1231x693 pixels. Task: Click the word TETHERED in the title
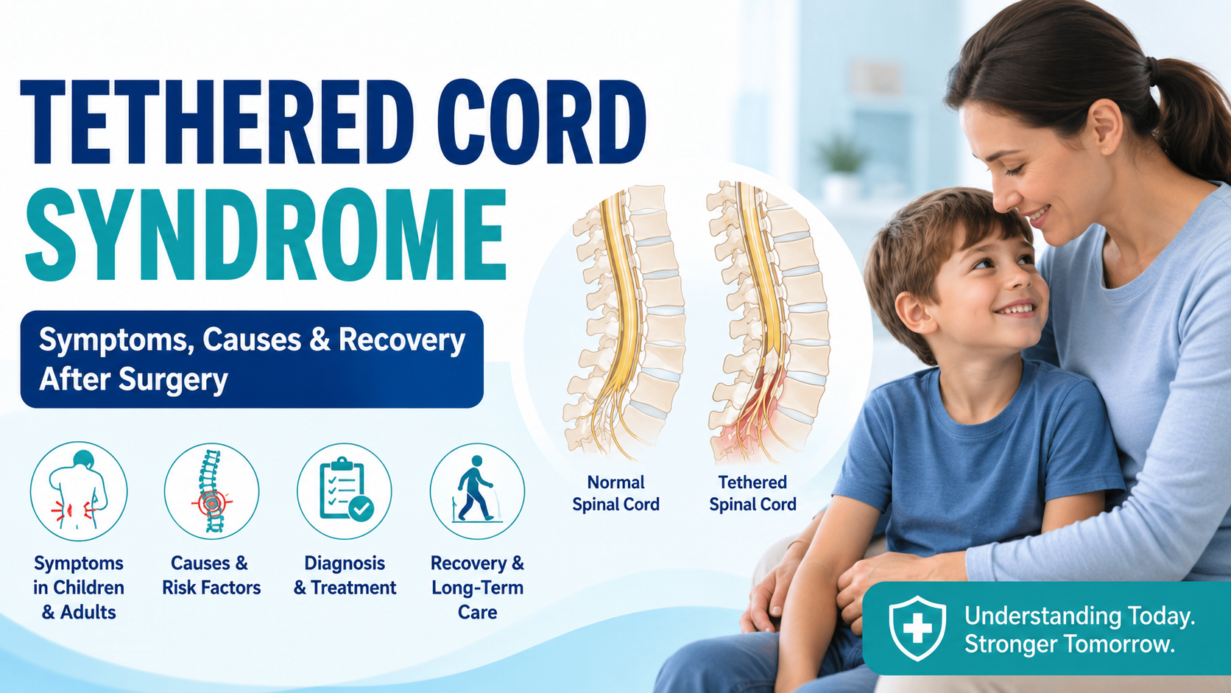point(217,122)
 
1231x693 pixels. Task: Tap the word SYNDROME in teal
point(266,235)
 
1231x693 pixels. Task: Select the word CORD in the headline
point(542,122)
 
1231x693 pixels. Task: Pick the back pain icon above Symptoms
point(79,490)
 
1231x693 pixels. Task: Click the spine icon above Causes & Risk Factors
point(211,490)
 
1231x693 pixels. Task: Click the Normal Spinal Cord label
point(615,493)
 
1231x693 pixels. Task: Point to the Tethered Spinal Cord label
point(752,493)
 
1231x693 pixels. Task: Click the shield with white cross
point(917,628)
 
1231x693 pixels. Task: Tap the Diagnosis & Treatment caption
point(345,575)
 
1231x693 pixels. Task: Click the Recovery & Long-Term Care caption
point(477,588)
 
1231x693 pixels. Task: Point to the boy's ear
point(914,313)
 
